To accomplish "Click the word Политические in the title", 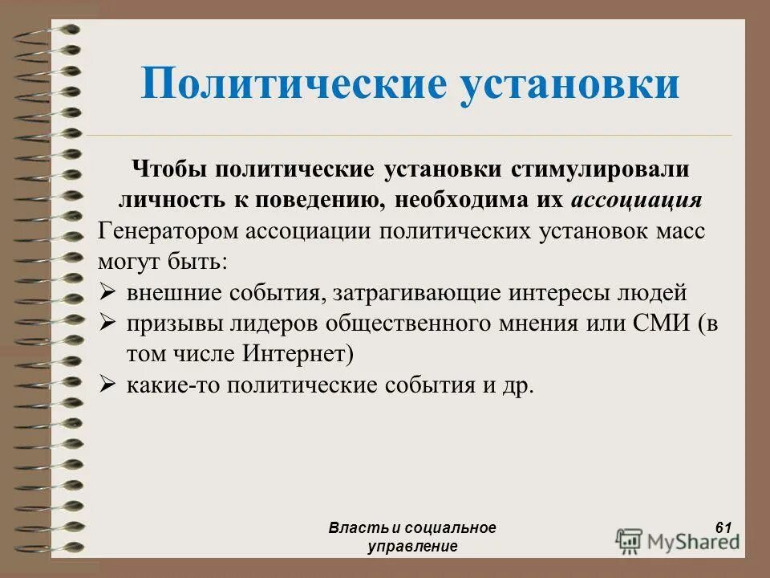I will [293, 84].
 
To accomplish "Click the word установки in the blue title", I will [570, 84].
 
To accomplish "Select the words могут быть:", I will [163, 262].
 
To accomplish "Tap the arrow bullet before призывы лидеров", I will [108, 324].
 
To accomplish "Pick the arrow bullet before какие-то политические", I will [108, 385].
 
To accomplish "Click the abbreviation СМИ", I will [659, 324].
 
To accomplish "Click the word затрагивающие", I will [415, 293].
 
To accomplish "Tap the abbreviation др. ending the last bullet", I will [518, 385].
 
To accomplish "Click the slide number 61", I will [723, 527].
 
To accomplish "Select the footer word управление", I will [412, 546].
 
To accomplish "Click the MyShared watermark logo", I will [679, 539].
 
